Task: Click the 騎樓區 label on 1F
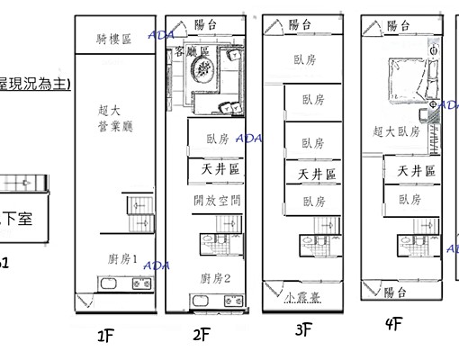pyautogui.click(x=114, y=39)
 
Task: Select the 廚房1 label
pyautogui.click(x=122, y=259)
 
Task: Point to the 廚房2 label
pyautogui.click(x=216, y=278)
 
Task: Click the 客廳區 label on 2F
pyautogui.click(x=192, y=51)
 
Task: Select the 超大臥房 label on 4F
pyautogui.click(x=396, y=131)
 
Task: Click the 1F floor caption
pyautogui.click(x=105, y=337)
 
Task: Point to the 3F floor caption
pyautogui.click(x=304, y=330)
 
